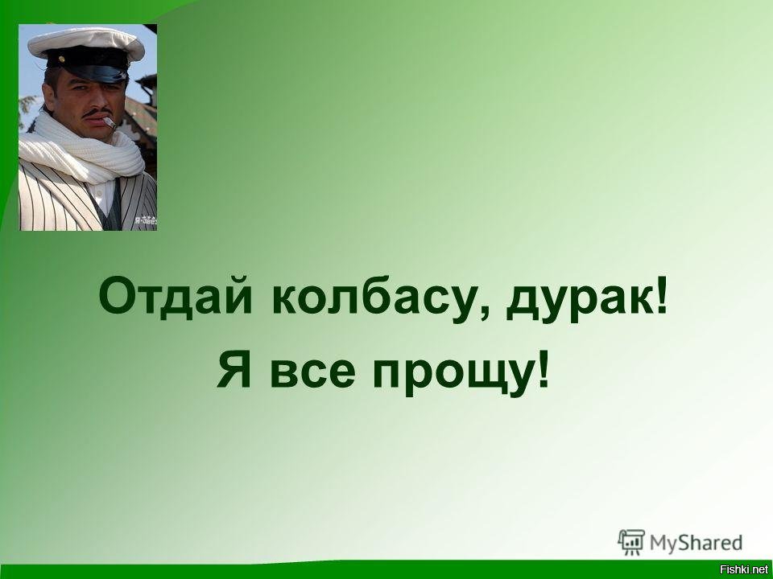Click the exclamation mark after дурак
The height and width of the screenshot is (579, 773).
[x=662, y=295]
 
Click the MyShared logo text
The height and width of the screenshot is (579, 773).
[x=696, y=543]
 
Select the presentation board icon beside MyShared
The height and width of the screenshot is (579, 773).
[x=631, y=542]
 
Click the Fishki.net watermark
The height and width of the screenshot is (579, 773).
[x=746, y=570]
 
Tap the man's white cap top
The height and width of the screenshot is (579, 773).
[x=86, y=41]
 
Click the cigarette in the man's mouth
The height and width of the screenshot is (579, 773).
[x=110, y=122]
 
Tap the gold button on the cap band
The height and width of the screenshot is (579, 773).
[x=62, y=59]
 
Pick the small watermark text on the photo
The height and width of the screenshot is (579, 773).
[x=146, y=221]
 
